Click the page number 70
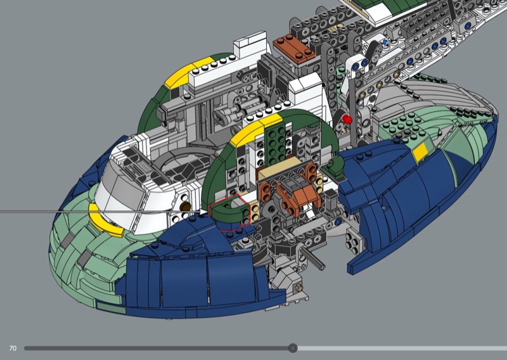tap(13, 349)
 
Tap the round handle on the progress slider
tap(293, 348)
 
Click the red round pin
tap(347, 119)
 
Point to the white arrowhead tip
tap(207, 212)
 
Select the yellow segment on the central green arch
tap(255, 130)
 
